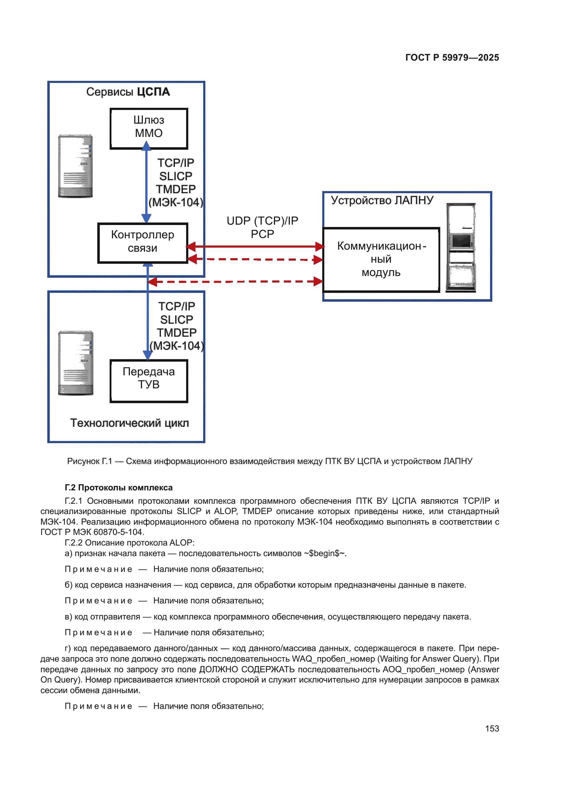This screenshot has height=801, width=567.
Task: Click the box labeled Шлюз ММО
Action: [149, 129]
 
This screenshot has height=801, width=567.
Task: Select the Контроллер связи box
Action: [143, 243]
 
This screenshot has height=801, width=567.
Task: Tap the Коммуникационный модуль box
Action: [381, 260]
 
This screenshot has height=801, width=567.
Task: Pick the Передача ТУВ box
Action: [149, 381]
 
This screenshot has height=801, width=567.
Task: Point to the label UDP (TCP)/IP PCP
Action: [262, 227]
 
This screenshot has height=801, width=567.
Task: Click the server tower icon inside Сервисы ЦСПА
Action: [75, 166]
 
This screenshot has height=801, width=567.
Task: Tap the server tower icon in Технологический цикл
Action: [76, 363]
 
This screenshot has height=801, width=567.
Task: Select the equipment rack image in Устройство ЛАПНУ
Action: [461, 247]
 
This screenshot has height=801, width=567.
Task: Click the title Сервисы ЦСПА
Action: [128, 92]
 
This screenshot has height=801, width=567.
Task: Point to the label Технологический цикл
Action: [130, 423]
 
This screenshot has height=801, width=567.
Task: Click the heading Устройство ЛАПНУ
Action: [382, 200]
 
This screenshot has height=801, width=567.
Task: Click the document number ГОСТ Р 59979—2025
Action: [452, 58]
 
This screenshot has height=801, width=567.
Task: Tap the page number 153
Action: [492, 728]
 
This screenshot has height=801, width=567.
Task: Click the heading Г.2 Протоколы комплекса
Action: [119, 487]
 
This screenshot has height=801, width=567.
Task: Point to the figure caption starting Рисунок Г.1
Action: [269, 461]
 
